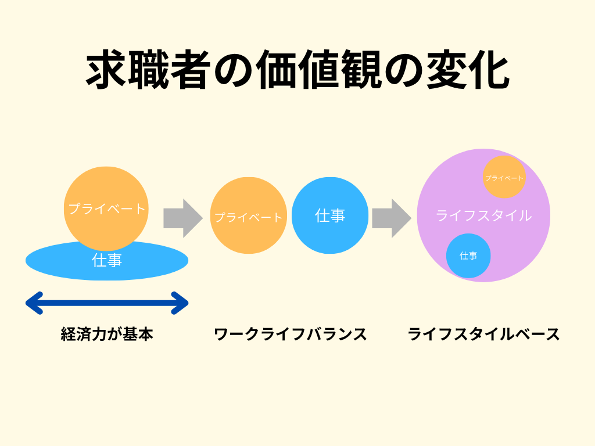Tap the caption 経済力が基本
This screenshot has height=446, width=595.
point(107,334)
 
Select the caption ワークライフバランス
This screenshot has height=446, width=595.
point(291,334)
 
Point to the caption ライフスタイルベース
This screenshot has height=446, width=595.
point(484,334)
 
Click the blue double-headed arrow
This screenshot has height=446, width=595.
point(107,303)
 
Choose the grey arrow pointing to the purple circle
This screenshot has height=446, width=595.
point(391,218)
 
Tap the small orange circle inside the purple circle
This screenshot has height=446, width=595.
point(504,177)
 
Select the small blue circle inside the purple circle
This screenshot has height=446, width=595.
point(468,256)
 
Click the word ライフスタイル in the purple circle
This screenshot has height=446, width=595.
point(483,215)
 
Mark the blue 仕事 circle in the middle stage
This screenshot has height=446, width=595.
point(330,215)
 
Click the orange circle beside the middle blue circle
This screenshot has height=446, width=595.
point(248,216)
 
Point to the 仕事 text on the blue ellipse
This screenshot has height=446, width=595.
point(107,261)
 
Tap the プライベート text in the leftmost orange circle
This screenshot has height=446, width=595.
point(107,208)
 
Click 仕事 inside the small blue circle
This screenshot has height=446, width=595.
point(468,256)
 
